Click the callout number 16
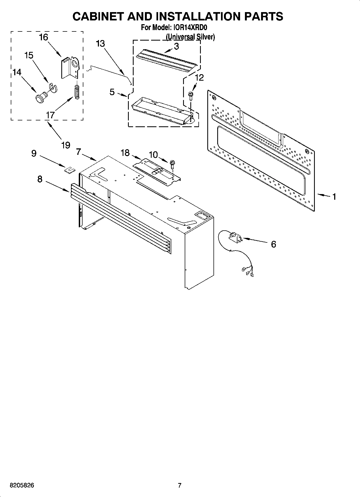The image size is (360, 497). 44,37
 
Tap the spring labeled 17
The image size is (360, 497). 77,92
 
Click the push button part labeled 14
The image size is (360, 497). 41,97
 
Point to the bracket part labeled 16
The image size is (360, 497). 69,68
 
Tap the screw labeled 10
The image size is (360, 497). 172,164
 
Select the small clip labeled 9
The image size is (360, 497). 69,170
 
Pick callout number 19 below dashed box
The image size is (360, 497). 66,145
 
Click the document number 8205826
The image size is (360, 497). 22,486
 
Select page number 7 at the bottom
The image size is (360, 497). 180,485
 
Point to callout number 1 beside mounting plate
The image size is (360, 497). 334,197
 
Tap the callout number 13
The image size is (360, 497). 100,44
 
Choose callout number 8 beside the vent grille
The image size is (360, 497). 40,179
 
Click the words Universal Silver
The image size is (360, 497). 190,37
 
